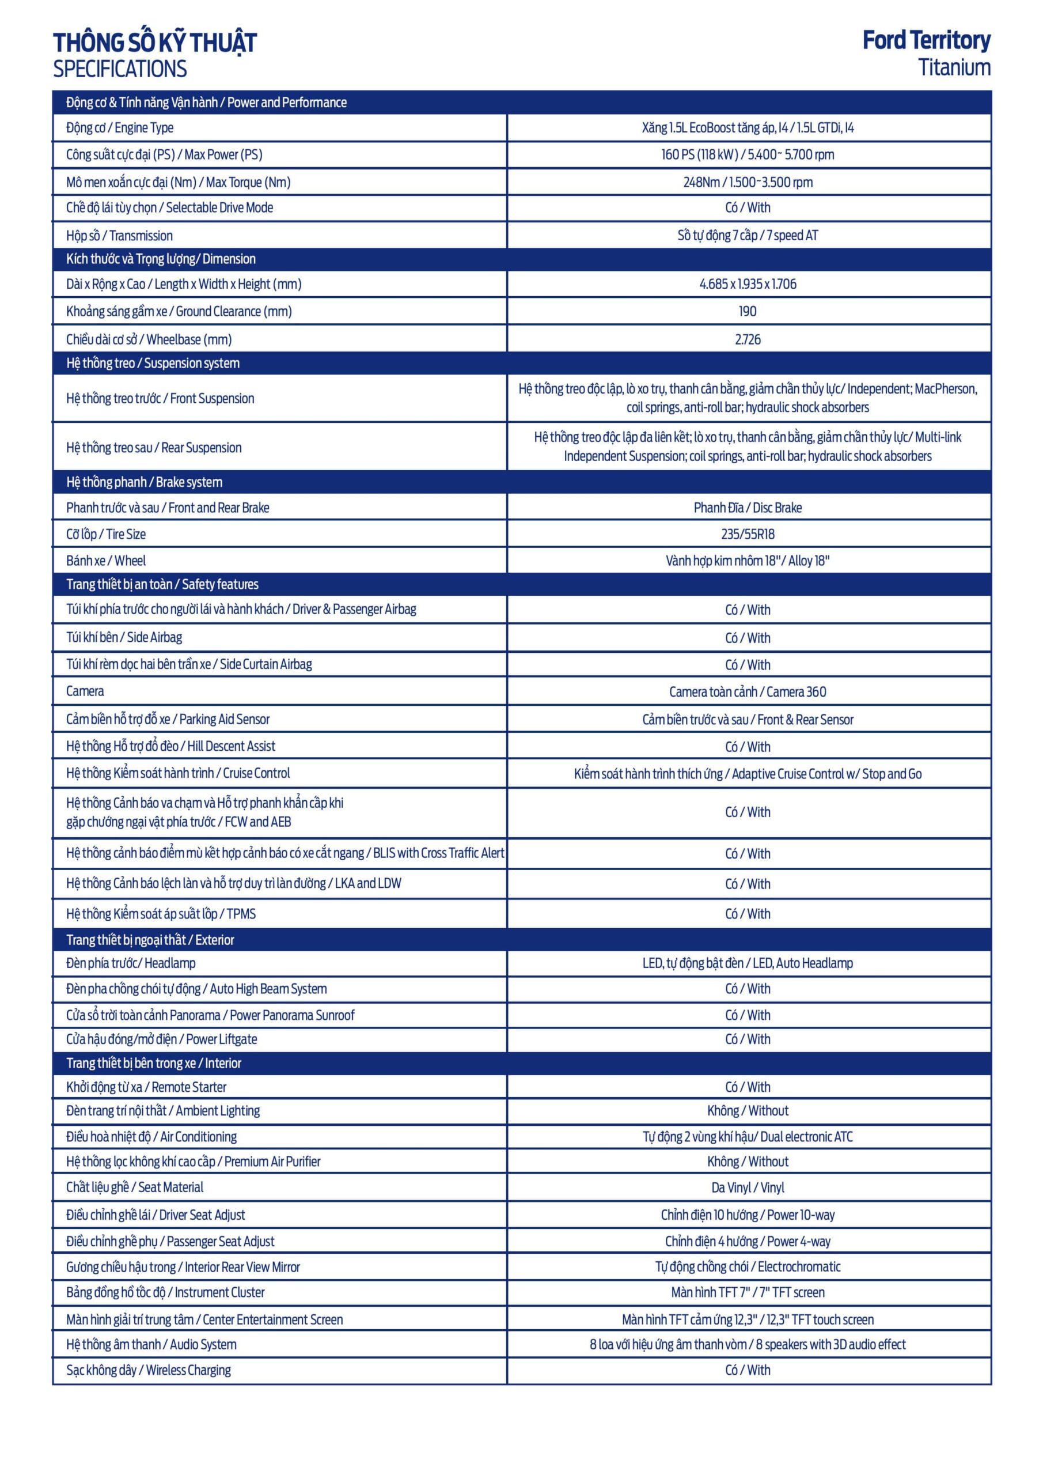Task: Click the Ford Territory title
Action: click(926, 40)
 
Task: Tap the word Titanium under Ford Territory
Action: click(954, 67)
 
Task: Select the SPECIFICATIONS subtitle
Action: click(120, 69)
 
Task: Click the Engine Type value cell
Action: click(748, 128)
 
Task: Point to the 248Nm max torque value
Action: click(748, 183)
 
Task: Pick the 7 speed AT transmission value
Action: click(748, 235)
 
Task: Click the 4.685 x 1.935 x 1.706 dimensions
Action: click(748, 284)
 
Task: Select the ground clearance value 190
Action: click(748, 312)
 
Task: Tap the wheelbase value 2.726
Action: click(748, 339)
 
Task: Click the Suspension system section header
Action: click(153, 364)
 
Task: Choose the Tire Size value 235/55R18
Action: click(748, 534)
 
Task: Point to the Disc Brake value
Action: click(748, 508)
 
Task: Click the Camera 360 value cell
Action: click(748, 692)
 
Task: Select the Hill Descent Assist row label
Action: click(170, 746)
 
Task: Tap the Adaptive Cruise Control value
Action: click(748, 773)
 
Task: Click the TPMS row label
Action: click(161, 914)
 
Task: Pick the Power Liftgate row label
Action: click(161, 1039)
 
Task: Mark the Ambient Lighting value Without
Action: click(748, 1111)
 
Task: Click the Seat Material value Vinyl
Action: click(748, 1187)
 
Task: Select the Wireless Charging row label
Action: click(149, 1370)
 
